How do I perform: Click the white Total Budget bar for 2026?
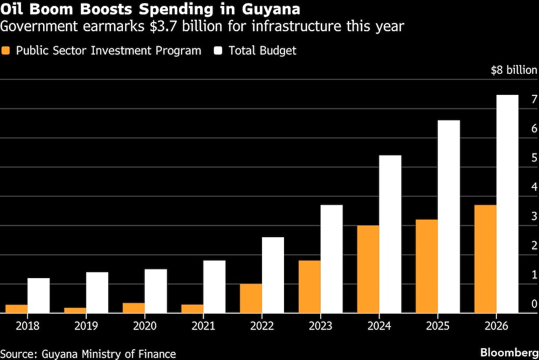[507, 204]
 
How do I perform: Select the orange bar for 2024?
[368, 269]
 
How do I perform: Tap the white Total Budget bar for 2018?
[38, 295]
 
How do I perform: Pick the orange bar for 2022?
[251, 298]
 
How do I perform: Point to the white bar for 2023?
[331, 259]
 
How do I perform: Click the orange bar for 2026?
[485, 259]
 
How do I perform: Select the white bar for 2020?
[156, 290]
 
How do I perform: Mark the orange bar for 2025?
[427, 266]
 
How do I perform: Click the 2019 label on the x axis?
[86, 326]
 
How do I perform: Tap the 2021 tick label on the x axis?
[203, 326]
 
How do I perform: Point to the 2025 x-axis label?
[438, 326]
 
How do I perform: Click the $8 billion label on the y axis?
[514, 70]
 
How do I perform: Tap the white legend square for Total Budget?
[219, 51]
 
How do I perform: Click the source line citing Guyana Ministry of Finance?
[88, 354]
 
